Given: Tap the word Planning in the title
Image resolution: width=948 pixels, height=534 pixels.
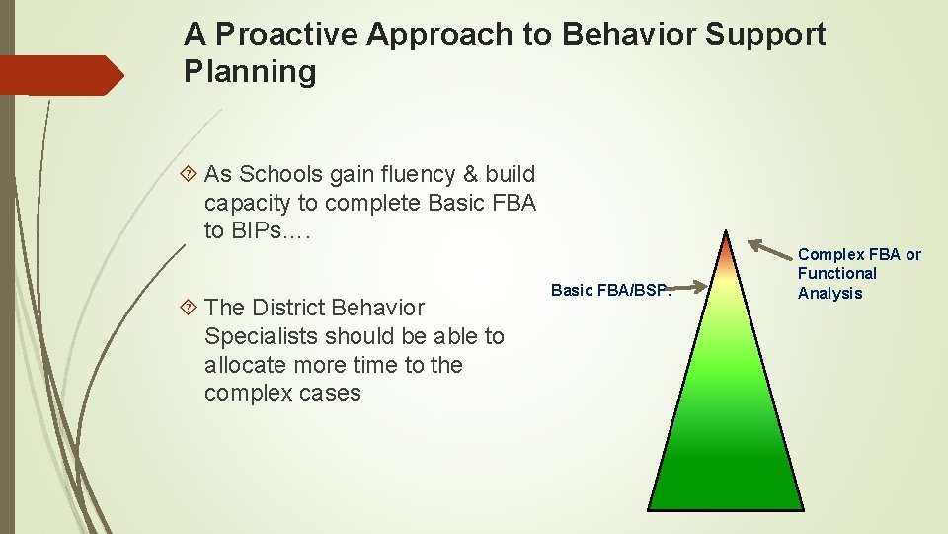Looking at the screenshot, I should click(250, 72).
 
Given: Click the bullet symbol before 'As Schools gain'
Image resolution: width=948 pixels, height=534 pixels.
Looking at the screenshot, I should click(190, 175).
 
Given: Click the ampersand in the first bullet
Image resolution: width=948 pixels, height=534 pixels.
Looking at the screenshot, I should click(444, 175).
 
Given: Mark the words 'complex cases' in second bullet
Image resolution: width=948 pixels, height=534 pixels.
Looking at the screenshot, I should click(282, 394).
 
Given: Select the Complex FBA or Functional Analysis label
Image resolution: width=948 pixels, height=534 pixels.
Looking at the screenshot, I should click(857, 274).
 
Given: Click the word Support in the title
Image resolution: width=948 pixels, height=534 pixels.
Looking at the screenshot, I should click(764, 35).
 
